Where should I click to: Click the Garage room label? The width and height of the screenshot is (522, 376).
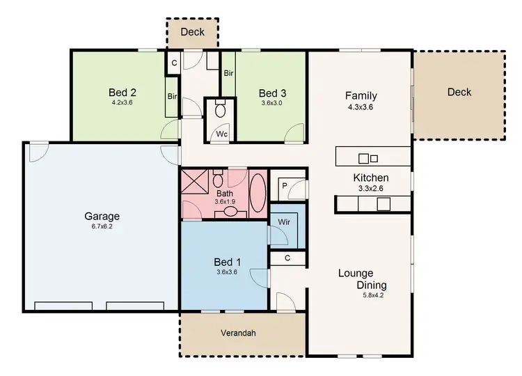[x=103, y=216]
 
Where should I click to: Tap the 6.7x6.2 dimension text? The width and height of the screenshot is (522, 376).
[x=103, y=226]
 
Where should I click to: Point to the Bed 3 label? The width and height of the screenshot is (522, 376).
[x=271, y=93]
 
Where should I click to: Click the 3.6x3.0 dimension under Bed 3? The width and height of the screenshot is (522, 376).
[x=271, y=103]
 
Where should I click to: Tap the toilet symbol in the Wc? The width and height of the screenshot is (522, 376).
[x=221, y=109]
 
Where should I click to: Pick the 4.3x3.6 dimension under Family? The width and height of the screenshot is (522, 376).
[x=361, y=108]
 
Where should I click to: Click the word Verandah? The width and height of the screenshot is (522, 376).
[x=239, y=333]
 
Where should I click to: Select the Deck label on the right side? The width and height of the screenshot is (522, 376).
[x=459, y=92]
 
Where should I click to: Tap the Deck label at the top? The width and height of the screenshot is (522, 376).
[x=193, y=32]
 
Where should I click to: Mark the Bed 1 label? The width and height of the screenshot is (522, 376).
[x=227, y=261]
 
